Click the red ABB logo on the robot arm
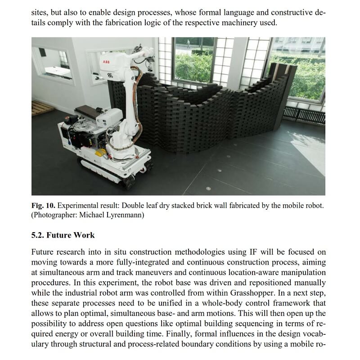[x=106, y=62]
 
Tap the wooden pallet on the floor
[x=41, y=108]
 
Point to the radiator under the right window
[x=304, y=115]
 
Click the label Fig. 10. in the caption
[x=43, y=206]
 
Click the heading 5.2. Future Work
[x=63, y=235]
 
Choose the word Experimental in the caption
[x=79, y=206]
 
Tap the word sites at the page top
[x=40, y=12]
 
